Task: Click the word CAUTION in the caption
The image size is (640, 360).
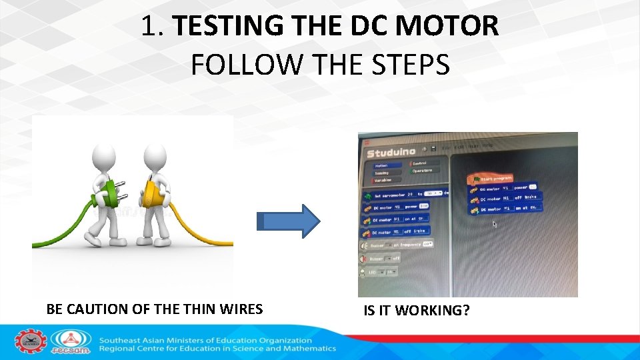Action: (97, 309)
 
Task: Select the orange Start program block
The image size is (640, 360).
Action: (492, 178)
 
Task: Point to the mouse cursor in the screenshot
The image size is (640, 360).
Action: (494, 225)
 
